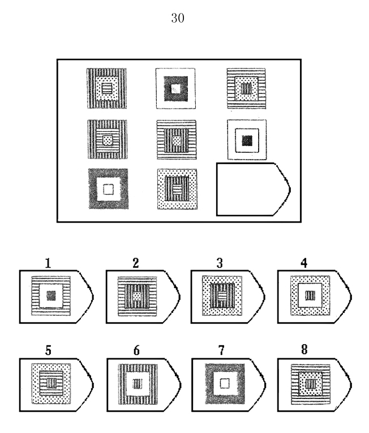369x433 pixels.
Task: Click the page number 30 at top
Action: (x=178, y=18)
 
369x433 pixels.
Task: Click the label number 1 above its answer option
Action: (x=48, y=263)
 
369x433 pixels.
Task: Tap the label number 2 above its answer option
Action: (x=135, y=263)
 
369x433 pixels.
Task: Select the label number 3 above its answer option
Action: (x=220, y=263)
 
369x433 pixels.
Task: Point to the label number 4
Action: (x=304, y=263)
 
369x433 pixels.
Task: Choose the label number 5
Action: (x=48, y=350)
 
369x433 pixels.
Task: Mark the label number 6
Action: (x=136, y=350)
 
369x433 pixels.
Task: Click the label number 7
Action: (x=221, y=350)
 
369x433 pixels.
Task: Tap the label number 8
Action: (x=304, y=349)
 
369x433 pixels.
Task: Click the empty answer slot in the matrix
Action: (x=253, y=189)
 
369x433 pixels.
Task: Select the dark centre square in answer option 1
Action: (x=51, y=296)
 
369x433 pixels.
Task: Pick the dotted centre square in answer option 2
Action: (x=137, y=296)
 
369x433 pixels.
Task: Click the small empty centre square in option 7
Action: (x=225, y=383)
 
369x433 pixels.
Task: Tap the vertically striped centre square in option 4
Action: (x=310, y=296)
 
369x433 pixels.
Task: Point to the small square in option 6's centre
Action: (x=138, y=384)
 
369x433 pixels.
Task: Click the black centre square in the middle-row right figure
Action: (x=247, y=140)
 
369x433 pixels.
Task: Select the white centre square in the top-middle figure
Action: (x=175, y=89)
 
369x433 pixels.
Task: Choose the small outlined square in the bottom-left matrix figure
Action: (x=108, y=190)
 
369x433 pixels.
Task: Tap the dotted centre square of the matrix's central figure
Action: (x=177, y=141)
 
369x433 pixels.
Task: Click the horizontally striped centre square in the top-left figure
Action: (x=106, y=89)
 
